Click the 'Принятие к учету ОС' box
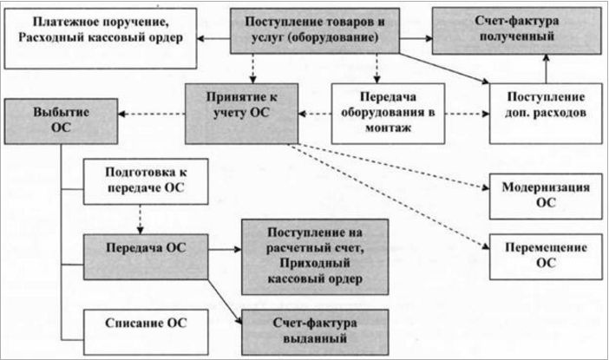point(240,110)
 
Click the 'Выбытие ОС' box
point(60,121)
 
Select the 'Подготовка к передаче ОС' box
point(144,180)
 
